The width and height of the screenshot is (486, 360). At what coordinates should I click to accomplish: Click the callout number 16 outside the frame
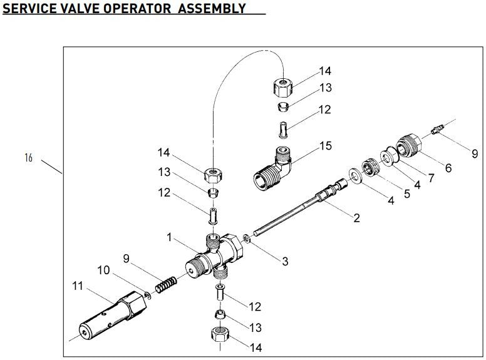click(x=28, y=158)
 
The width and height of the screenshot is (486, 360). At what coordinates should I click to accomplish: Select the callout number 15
click(x=325, y=147)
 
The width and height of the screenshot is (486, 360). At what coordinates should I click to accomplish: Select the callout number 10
click(x=104, y=270)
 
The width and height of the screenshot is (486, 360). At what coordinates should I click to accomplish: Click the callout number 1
click(x=168, y=237)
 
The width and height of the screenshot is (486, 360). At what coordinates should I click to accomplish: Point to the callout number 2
click(x=356, y=218)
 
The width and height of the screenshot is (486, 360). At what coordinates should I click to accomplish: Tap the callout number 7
click(x=430, y=178)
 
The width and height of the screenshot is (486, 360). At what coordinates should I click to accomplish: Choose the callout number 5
click(x=406, y=193)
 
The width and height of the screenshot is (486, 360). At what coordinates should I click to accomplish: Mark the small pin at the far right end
click(x=436, y=130)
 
